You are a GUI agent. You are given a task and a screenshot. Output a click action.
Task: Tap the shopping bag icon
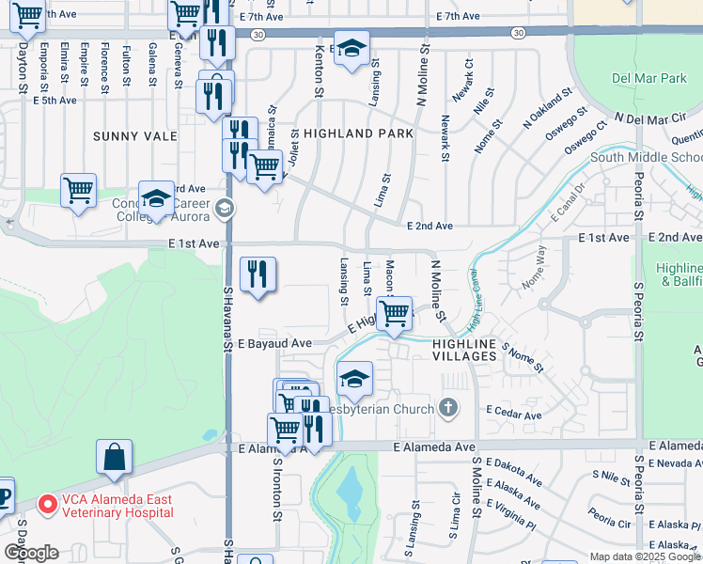click(x=114, y=457)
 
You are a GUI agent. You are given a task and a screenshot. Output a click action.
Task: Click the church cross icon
click(x=449, y=408)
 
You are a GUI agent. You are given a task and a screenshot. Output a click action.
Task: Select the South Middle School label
click(x=645, y=157)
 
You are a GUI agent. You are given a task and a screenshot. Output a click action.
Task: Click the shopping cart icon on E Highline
click(x=394, y=313)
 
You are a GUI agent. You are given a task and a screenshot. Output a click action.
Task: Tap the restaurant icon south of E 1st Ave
click(x=258, y=274)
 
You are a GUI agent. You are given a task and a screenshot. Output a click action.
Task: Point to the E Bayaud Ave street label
click(x=274, y=344)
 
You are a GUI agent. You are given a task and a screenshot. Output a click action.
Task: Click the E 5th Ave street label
click(x=55, y=100)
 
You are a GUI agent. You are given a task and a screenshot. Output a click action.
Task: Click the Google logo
click(x=30, y=553)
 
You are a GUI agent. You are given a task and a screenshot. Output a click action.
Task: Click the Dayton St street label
click(x=22, y=70)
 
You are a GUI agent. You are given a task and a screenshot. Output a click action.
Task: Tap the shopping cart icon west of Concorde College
click(x=78, y=190)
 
